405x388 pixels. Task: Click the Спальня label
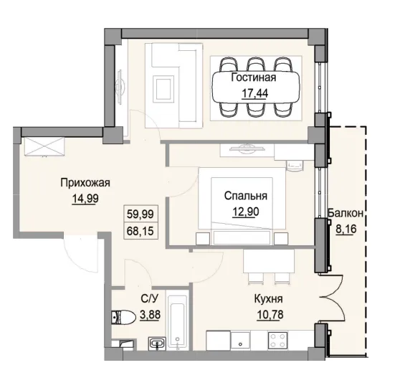[245, 196]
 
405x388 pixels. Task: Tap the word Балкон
[346, 214]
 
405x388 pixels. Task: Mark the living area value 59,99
[140, 213]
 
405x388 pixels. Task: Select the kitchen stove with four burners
[277, 341]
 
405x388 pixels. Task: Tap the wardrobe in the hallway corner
[42, 146]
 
